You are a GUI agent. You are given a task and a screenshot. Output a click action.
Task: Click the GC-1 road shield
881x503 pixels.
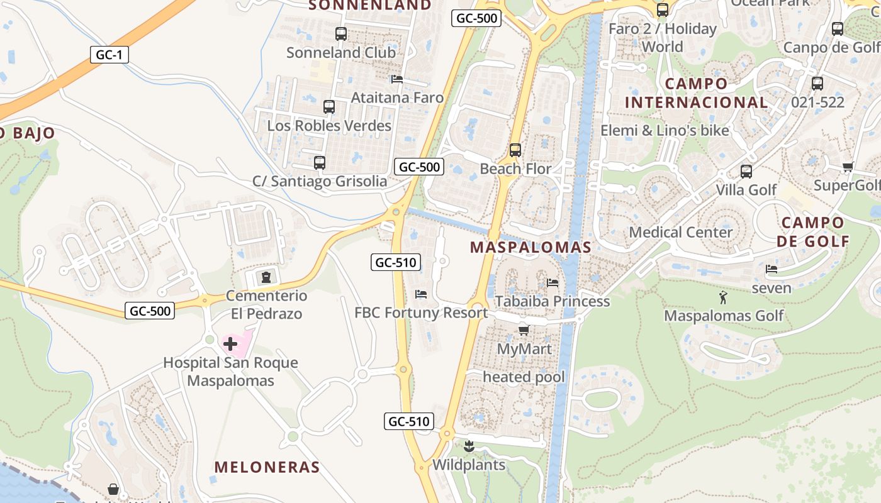point(109,55)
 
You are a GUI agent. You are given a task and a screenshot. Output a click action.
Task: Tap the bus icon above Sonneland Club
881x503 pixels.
point(341,34)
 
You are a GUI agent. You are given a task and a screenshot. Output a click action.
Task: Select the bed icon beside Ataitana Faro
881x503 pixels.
point(397,79)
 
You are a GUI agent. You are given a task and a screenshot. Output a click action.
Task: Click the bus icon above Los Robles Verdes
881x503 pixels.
point(329,107)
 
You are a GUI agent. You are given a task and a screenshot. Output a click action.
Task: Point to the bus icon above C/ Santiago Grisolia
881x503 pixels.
point(320,163)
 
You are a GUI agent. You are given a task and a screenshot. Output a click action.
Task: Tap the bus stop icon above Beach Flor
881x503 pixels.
point(515,150)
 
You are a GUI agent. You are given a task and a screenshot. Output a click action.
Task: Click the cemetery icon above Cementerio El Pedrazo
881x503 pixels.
point(266,277)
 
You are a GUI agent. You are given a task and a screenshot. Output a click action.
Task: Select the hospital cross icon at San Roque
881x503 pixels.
point(230,344)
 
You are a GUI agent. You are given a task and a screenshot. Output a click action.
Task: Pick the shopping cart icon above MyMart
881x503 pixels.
point(524,330)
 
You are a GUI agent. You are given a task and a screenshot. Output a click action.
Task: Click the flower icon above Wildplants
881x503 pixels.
point(468,447)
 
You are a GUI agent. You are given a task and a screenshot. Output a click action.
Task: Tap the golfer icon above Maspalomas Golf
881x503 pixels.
point(724,297)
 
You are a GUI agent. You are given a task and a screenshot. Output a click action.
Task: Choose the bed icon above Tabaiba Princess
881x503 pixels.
point(553,283)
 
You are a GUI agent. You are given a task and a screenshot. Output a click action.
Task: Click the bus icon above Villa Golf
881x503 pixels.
point(746,171)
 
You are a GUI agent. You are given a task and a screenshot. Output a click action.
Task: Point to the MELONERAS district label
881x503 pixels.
point(267,467)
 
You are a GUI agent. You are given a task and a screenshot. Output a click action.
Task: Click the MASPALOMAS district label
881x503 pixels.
point(530,247)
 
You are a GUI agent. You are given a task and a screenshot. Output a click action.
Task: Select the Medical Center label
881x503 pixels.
point(681,232)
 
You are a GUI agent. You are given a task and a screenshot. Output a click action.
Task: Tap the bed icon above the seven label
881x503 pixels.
point(772,269)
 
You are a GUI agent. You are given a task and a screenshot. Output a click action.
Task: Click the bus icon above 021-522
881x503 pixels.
point(817,83)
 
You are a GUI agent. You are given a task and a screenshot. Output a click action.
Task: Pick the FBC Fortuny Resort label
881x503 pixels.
point(421,312)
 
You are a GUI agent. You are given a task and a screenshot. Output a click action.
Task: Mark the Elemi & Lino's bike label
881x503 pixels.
point(665,130)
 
